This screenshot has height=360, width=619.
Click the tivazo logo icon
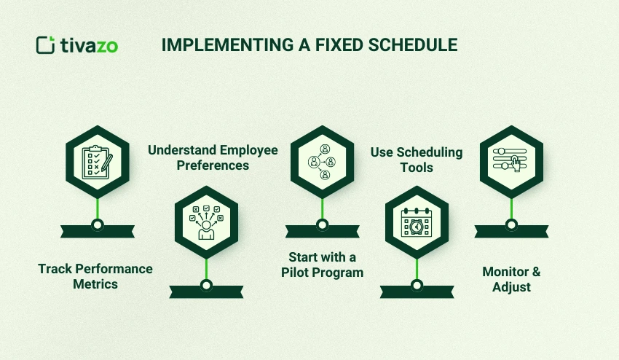pyautogui.click(x=46, y=44)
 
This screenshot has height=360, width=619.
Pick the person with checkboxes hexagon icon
pyautogui.click(x=206, y=218)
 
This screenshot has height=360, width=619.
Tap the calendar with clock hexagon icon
pyautogui.click(x=417, y=218)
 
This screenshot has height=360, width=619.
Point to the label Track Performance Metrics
pyautogui.click(x=95, y=276)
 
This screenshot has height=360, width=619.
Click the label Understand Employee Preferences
pyautogui.click(x=213, y=157)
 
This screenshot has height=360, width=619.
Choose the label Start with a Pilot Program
pyautogui.click(x=322, y=265)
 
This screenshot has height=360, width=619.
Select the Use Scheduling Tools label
pyautogui.click(x=417, y=160)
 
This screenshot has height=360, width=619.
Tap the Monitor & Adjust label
pyautogui.click(x=511, y=279)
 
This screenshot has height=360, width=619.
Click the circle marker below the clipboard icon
pyautogui.click(x=98, y=224)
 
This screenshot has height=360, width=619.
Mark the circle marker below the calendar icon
pyautogui.click(x=417, y=286)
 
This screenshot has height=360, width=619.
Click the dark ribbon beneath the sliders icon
pyautogui.click(x=511, y=232)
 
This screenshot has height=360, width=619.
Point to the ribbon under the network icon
pyautogui.click(x=322, y=232)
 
